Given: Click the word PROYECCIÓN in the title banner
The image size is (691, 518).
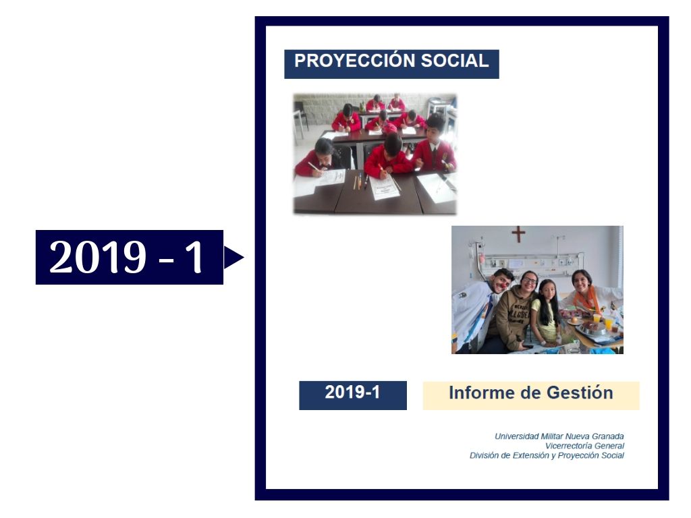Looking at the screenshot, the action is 356,60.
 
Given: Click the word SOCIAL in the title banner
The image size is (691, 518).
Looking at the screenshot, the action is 455,61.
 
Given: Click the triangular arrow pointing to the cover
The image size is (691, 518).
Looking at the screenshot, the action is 233,257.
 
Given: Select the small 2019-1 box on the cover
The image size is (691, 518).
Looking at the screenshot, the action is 352,395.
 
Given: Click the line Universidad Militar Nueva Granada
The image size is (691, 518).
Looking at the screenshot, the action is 559,436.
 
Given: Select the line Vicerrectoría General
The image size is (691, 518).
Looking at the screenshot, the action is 584,446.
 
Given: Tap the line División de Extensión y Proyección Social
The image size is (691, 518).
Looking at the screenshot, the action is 547,455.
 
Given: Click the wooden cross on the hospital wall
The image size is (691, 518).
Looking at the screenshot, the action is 518,234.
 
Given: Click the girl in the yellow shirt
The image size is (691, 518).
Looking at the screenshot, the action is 545,313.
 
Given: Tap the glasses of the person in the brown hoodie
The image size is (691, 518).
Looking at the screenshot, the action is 529,281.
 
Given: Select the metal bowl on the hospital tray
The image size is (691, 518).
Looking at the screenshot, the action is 592,328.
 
